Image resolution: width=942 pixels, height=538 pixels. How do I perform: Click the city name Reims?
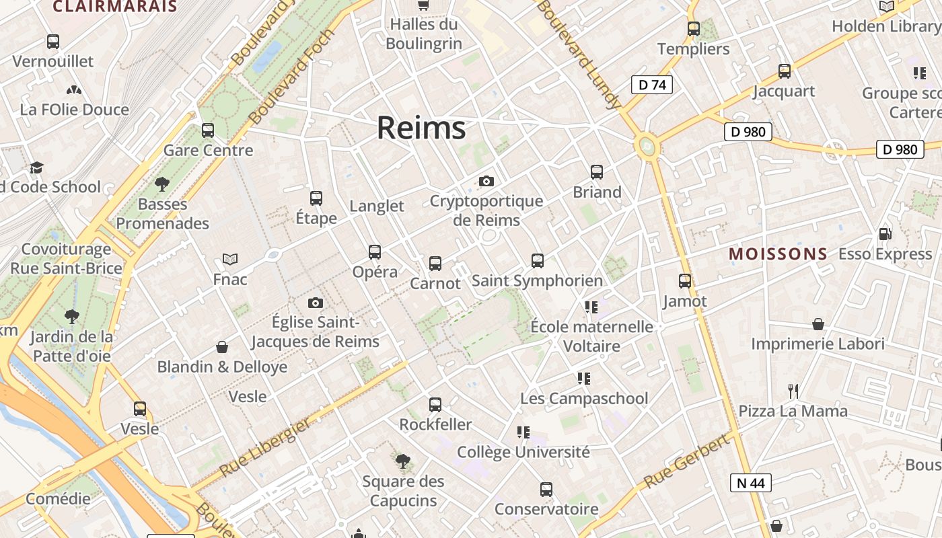tap(421, 127)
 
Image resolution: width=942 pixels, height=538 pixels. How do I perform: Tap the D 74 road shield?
tap(651, 85)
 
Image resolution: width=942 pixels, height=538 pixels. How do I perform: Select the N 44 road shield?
tap(750, 482)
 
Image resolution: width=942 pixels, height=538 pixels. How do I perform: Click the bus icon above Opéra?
tap(375, 252)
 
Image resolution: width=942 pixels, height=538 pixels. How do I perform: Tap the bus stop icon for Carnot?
tap(435, 264)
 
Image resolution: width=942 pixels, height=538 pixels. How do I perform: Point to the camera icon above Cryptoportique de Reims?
tap(486, 181)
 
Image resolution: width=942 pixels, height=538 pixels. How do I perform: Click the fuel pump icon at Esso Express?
tap(885, 234)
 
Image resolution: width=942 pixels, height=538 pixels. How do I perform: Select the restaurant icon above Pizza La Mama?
tap(793, 391)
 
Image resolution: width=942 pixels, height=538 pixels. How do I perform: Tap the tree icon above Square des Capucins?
tap(403, 461)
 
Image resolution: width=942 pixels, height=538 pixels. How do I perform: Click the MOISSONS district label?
tap(778, 254)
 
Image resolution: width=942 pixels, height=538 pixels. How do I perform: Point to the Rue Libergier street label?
tap(265, 447)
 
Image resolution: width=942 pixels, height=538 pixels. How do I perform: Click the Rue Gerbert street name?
tap(686, 461)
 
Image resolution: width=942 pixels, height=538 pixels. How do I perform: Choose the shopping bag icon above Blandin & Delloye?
tap(222, 347)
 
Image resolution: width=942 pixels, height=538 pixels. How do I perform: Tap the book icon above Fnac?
tap(230, 259)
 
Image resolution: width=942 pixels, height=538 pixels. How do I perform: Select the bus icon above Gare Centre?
tap(208, 130)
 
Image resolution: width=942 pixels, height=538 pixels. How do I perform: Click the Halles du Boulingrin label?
tap(424, 34)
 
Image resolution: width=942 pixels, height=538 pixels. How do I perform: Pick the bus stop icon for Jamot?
tap(685, 281)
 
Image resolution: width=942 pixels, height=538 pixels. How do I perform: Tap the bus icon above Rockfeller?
tap(435, 405)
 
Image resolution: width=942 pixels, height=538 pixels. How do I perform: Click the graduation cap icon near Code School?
tap(36, 167)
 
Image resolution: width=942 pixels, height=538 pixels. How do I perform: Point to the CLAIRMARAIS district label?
tap(115, 7)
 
